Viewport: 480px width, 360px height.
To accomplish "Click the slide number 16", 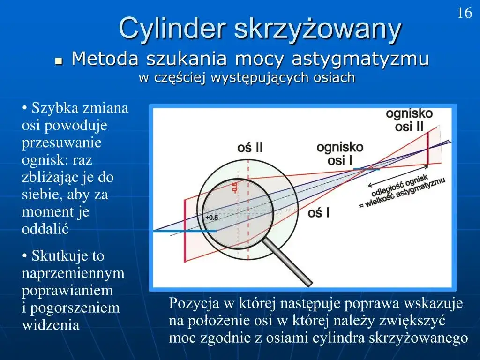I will point(465,13).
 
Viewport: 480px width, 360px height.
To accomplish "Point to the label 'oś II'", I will point(250,148).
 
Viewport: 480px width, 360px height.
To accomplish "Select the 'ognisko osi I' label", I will point(340,154).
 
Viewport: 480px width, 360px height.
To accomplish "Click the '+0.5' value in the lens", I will point(212,217).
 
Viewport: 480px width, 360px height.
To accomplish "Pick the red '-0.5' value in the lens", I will point(235,186).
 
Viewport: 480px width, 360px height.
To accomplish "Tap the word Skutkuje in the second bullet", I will point(60,256).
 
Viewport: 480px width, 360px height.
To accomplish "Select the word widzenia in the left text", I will point(51,325).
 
